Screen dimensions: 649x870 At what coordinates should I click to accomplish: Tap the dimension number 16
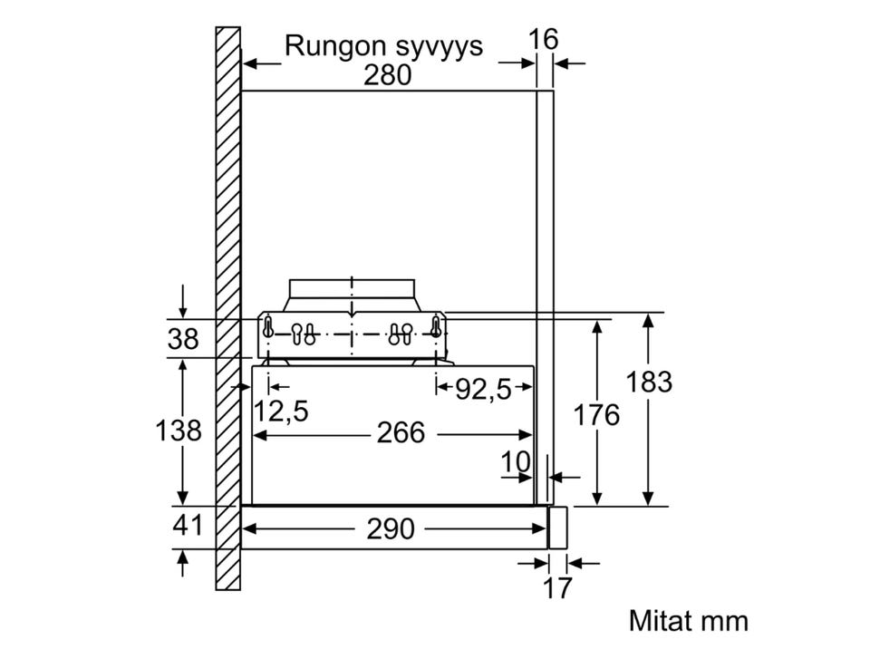tap(544, 39)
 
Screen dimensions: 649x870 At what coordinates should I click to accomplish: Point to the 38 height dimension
tap(184, 339)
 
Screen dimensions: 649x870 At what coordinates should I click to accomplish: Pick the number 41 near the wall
tap(187, 526)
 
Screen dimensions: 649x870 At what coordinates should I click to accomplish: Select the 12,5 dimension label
tap(281, 412)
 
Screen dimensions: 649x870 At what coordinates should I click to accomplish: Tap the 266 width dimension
tap(400, 433)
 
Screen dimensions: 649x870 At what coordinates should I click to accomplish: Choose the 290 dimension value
tap(390, 528)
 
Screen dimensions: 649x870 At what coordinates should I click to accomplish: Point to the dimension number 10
tap(516, 462)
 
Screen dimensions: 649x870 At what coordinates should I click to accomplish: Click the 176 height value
tap(595, 415)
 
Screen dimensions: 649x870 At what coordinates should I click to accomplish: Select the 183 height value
tap(649, 383)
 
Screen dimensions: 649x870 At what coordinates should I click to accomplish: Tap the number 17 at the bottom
tap(557, 588)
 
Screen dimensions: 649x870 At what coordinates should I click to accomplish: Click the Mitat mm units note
tap(688, 621)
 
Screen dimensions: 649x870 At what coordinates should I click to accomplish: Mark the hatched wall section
tap(227, 308)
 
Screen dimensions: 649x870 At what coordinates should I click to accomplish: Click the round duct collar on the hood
tap(352, 295)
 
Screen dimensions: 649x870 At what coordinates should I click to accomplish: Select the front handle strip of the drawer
tap(558, 527)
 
